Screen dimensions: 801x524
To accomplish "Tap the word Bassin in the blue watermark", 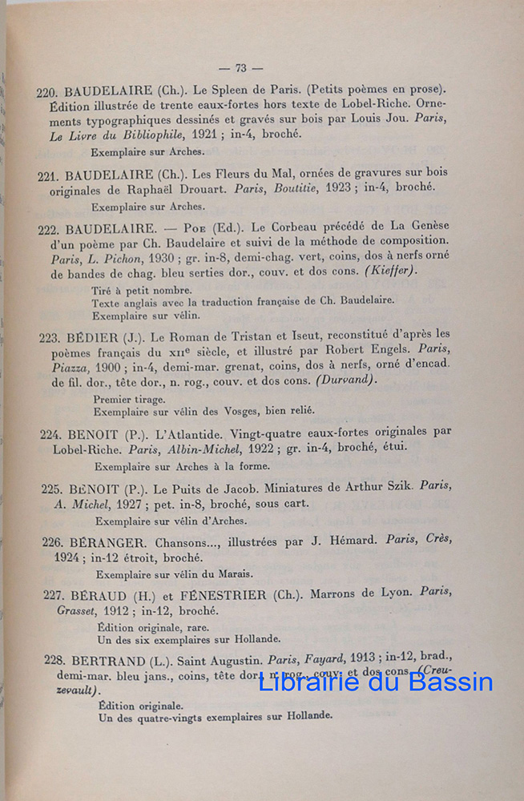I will tap(450, 682).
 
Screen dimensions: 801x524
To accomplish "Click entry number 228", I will tap(55, 663).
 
